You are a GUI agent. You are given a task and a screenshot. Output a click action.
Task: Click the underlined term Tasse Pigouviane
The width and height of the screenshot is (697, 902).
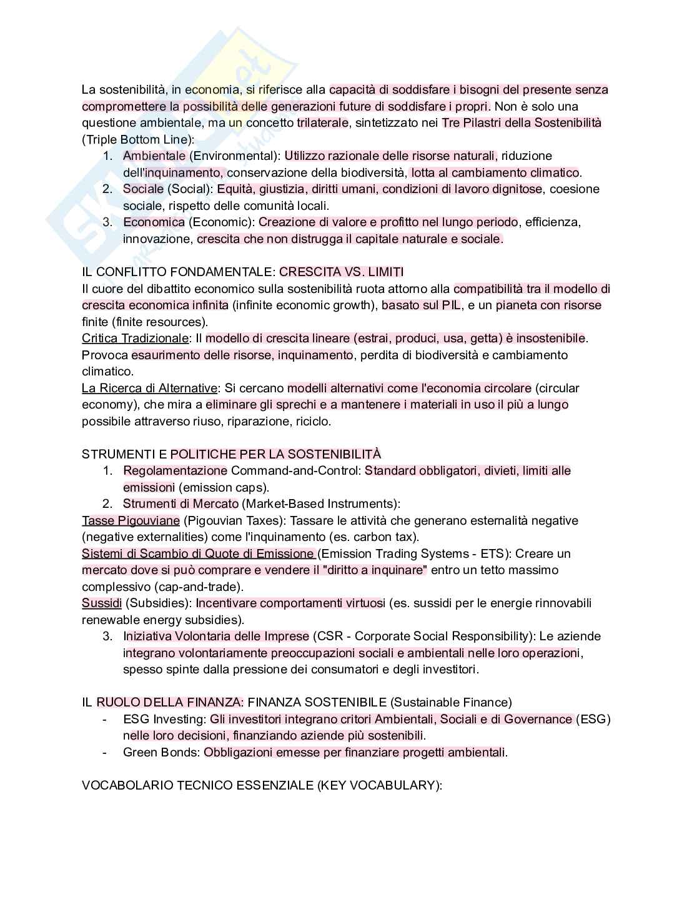click(x=131, y=520)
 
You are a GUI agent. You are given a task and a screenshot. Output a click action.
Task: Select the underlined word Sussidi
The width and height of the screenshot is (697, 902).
click(x=102, y=603)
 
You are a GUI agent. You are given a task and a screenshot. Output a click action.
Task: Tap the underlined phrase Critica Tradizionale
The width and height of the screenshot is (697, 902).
click(x=135, y=338)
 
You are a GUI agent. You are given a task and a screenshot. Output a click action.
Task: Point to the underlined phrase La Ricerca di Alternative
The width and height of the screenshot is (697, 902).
click(x=150, y=388)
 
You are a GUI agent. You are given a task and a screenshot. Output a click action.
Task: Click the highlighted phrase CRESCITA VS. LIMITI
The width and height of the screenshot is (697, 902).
click(x=341, y=272)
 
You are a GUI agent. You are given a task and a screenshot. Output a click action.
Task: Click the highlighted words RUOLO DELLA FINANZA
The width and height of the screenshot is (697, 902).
click(x=169, y=702)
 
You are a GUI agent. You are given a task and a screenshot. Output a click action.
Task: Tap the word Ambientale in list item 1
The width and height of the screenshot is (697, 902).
click(x=154, y=156)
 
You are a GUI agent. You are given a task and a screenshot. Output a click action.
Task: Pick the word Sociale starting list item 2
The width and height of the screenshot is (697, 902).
click(x=143, y=189)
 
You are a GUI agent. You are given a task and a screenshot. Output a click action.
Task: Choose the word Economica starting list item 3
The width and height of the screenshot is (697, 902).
click(x=154, y=222)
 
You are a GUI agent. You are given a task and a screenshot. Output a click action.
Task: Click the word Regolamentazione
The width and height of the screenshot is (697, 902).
click(x=175, y=470)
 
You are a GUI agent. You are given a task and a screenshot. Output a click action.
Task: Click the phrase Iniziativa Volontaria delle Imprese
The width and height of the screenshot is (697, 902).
click(x=216, y=636)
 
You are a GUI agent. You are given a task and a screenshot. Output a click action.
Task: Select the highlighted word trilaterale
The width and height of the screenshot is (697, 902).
click(x=322, y=122)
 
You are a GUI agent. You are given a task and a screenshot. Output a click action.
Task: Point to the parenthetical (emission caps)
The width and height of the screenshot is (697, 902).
click(x=224, y=487)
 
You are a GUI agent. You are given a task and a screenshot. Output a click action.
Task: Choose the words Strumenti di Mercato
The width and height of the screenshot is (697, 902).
click(x=180, y=503)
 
